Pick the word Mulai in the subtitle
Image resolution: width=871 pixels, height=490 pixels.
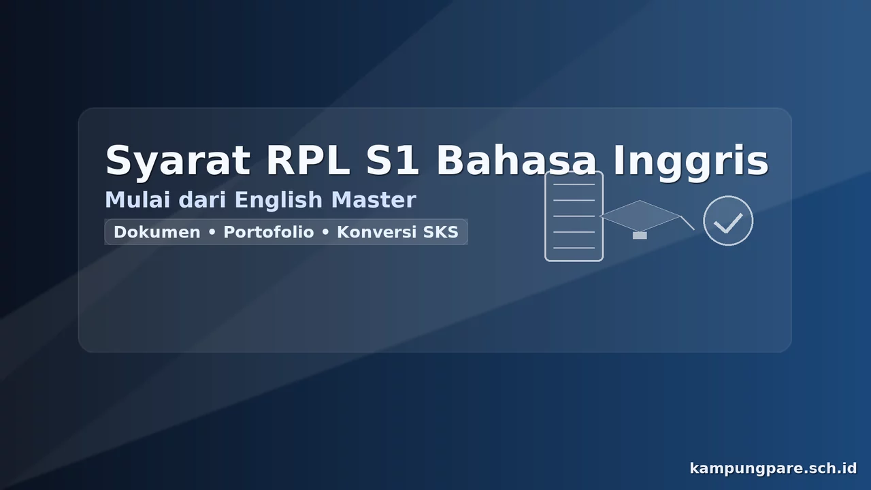[138, 200]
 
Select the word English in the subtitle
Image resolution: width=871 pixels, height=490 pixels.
[278, 201]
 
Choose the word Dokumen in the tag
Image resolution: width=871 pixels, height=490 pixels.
[157, 232]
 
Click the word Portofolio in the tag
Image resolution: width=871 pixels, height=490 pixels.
[269, 232]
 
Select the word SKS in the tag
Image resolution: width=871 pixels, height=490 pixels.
[441, 232]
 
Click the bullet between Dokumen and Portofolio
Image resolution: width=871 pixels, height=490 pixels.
[212, 233]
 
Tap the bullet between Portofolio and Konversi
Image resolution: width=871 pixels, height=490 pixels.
[325, 233]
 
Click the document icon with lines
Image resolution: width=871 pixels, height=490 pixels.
[574, 216]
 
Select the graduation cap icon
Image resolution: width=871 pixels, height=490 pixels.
[640, 216]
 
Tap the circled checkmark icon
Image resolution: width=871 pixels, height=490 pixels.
[727, 220]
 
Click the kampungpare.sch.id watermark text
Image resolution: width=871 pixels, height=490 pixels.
[773, 468]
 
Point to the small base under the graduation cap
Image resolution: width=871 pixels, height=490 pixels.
[640, 235]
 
